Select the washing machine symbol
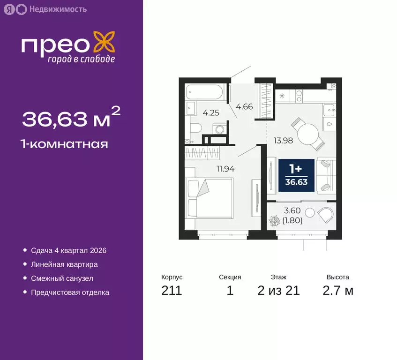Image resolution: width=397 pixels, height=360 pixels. [x=218, y=129]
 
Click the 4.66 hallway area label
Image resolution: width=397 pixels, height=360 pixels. [x=244, y=106]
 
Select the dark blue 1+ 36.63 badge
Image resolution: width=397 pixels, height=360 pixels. [x=296, y=175]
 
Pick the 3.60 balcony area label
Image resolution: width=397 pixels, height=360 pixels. [x=292, y=211]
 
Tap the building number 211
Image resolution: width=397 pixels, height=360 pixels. [x=172, y=291]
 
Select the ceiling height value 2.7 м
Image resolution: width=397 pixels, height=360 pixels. [x=338, y=291]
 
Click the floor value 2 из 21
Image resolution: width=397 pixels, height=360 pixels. [x=278, y=291]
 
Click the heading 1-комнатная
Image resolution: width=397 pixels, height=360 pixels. [x=65, y=144]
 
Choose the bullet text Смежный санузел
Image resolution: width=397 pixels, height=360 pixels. [x=62, y=278]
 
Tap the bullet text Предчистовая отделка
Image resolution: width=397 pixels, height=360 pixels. [x=70, y=292]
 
